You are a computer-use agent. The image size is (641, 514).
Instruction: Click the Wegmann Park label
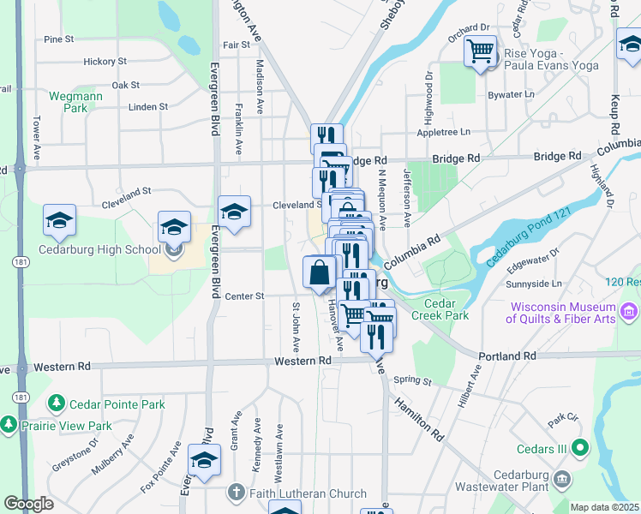pyautogui.click(x=75, y=102)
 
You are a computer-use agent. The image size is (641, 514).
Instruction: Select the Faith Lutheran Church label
pyautogui.click(x=308, y=493)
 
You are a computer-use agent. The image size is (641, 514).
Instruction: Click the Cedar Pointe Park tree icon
pyautogui.click(x=57, y=402)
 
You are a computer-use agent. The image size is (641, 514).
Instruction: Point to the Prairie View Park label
pyautogui.click(x=69, y=426)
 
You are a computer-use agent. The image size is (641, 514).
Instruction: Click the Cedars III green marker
pyautogui.click(x=580, y=446)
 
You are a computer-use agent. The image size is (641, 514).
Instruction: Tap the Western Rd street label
pyautogui.click(x=303, y=361)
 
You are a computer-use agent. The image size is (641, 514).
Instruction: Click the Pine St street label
pyautogui.click(x=59, y=39)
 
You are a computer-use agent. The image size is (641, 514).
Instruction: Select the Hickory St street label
pyautogui.click(x=105, y=62)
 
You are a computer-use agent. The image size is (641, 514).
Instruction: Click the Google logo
pyautogui.click(x=29, y=504)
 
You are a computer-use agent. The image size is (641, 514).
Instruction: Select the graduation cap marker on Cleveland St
pyautogui.click(x=234, y=211)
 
